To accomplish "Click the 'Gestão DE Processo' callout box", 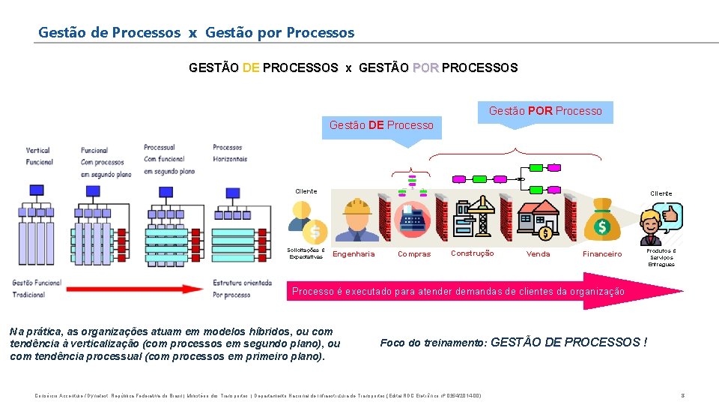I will pyautogui.click(x=381, y=125).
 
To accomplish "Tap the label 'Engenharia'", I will pyautogui.click(x=354, y=254).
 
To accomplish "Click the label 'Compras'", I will pyautogui.click(x=414, y=254).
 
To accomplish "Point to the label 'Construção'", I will pyautogui.click(x=472, y=253).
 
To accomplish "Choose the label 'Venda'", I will pyautogui.click(x=538, y=254).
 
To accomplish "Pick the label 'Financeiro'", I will pyautogui.click(x=602, y=254).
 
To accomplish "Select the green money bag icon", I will pyautogui.click(x=601, y=219).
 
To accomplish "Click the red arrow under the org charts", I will pyautogui.click(x=135, y=288).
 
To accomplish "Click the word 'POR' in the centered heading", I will pyautogui.click(x=425, y=67).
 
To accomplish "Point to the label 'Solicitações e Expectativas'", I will pyautogui.click(x=306, y=253).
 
